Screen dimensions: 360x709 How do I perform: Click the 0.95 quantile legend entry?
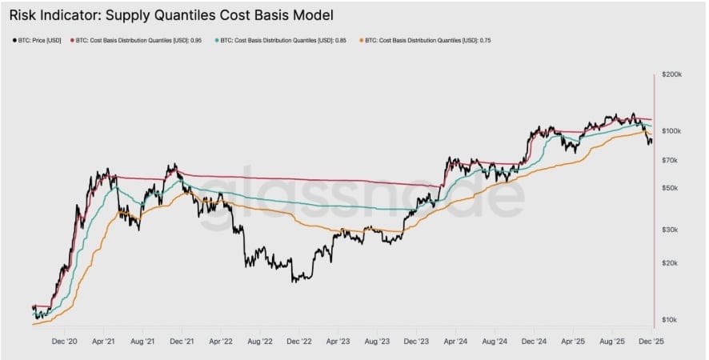click(136, 40)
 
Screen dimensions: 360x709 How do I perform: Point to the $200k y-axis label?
click(671, 74)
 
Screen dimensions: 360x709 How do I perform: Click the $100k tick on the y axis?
click(671, 130)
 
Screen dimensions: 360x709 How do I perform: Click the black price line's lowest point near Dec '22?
click(295, 281)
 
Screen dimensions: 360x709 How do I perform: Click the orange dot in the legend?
click(361, 40)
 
